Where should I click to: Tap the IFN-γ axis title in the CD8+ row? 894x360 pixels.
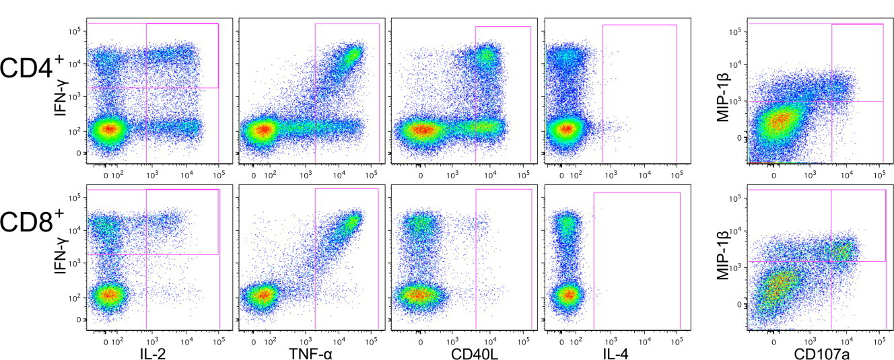[65, 258]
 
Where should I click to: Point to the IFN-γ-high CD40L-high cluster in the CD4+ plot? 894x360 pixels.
[487, 57]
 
